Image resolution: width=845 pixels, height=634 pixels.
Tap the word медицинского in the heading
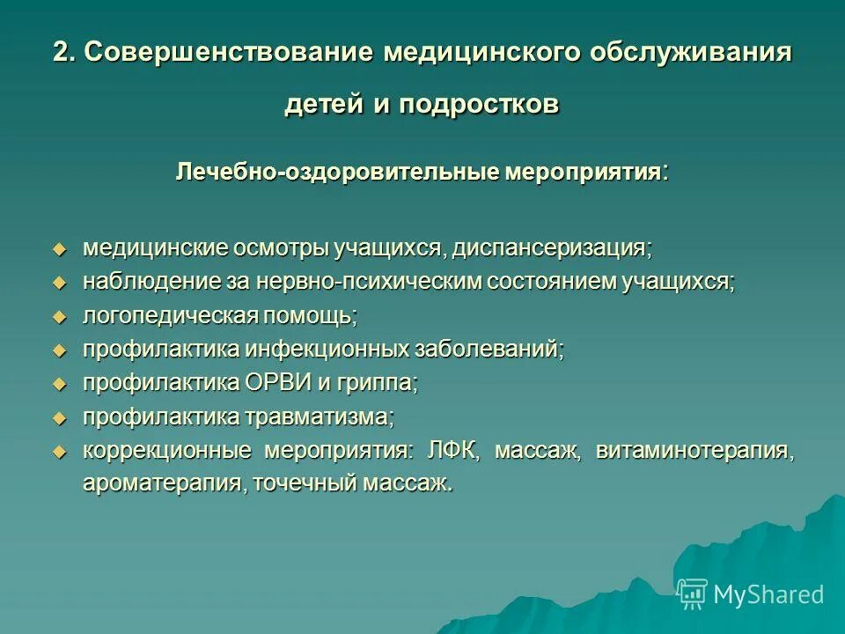coord(481,52)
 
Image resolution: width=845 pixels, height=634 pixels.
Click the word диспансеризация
coord(553,248)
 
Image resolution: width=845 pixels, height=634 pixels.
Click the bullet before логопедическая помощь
coord(60,316)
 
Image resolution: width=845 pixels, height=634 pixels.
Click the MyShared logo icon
coord(693,594)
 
